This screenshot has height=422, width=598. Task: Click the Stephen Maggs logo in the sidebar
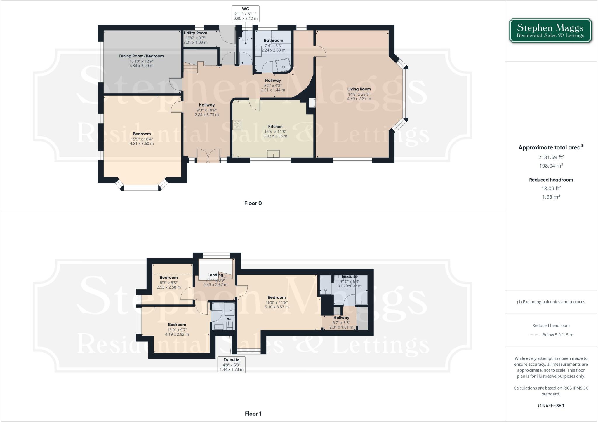[550, 31]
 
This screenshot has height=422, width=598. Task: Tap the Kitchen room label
[275, 127]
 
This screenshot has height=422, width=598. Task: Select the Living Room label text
[359, 89]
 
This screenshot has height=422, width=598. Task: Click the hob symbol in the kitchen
[237, 125]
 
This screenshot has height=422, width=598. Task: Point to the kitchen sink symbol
[273, 154]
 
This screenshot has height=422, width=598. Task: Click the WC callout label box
[246, 13]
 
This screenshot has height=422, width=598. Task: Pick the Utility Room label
[195, 33]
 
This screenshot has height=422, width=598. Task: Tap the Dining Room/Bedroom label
[141, 56]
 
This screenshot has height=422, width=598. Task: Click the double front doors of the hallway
[208, 156]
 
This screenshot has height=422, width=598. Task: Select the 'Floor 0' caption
[253, 203]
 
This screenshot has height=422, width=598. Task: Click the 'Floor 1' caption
[253, 414]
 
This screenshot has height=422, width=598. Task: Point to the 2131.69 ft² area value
[551, 157]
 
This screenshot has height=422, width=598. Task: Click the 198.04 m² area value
[551, 166]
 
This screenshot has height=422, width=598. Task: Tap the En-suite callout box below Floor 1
[231, 365]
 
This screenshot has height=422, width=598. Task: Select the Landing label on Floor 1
[215, 275]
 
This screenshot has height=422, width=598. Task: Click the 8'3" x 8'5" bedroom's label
[168, 278]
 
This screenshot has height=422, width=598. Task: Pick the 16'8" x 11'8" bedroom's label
[277, 297]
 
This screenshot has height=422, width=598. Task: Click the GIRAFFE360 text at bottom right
[551, 406]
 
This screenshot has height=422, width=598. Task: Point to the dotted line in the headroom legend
[534, 335]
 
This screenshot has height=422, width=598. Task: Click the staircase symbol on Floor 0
[190, 69]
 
